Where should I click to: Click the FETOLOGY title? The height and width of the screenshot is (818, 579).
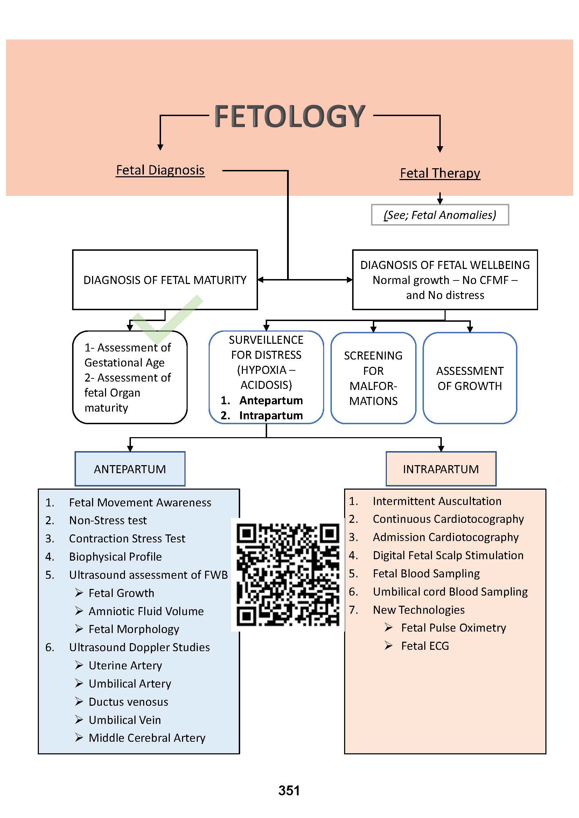point(289,116)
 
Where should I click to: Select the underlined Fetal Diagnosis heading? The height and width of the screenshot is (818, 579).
point(160,170)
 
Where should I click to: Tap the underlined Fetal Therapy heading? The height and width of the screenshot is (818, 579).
point(440,173)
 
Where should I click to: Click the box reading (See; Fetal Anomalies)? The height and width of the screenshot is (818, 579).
point(440,215)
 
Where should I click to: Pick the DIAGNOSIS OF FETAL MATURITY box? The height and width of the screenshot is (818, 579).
point(165,280)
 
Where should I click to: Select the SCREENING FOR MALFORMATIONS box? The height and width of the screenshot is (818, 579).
point(373,378)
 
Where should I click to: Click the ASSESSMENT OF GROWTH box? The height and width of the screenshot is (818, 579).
point(469,378)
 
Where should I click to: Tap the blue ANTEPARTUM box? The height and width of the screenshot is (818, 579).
point(130,469)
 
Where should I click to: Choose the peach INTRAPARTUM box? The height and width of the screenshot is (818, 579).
point(441,469)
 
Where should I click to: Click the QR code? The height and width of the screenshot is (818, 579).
point(288,574)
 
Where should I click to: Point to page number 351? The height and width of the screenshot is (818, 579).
point(289,791)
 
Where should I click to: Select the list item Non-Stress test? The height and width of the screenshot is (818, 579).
point(108,520)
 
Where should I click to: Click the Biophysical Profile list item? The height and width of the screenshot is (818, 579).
point(115,556)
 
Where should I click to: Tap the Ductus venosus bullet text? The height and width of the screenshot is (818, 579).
point(128,702)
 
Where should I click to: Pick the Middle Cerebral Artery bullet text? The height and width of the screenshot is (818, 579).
point(147,738)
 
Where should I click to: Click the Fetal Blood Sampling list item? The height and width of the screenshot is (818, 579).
point(426,573)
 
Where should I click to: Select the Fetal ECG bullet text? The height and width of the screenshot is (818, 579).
point(425,646)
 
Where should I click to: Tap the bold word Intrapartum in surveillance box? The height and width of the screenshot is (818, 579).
point(271,415)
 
